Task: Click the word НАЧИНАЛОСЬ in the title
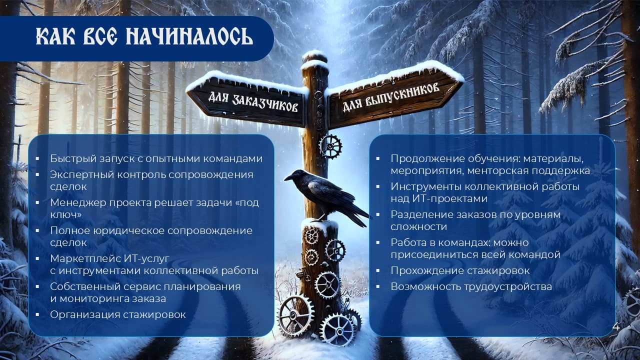pyautogui.click(x=189, y=36)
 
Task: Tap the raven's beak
pyautogui.click(x=288, y=177)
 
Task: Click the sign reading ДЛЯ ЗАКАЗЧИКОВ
pyautogui.click(x=252, y=101)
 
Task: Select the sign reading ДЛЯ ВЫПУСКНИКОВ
pyautogui.click(x=391, y=97)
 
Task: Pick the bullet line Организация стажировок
pyautogui.click(x=118, y=314)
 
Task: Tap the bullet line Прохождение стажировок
pyautogui.click(x=460, y=270)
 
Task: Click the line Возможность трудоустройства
pyautogui.click(x=471, y=286)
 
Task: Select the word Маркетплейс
pyautogui.click(x=85, y=258)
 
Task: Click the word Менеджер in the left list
pyautogui.click(x=78, y=202)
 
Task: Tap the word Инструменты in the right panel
pyautogui.click(x=425, y=186)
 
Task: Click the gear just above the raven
pyautogui.click(x=330, y=146)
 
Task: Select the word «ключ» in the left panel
pyautogui.click(x=65, y=214)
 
